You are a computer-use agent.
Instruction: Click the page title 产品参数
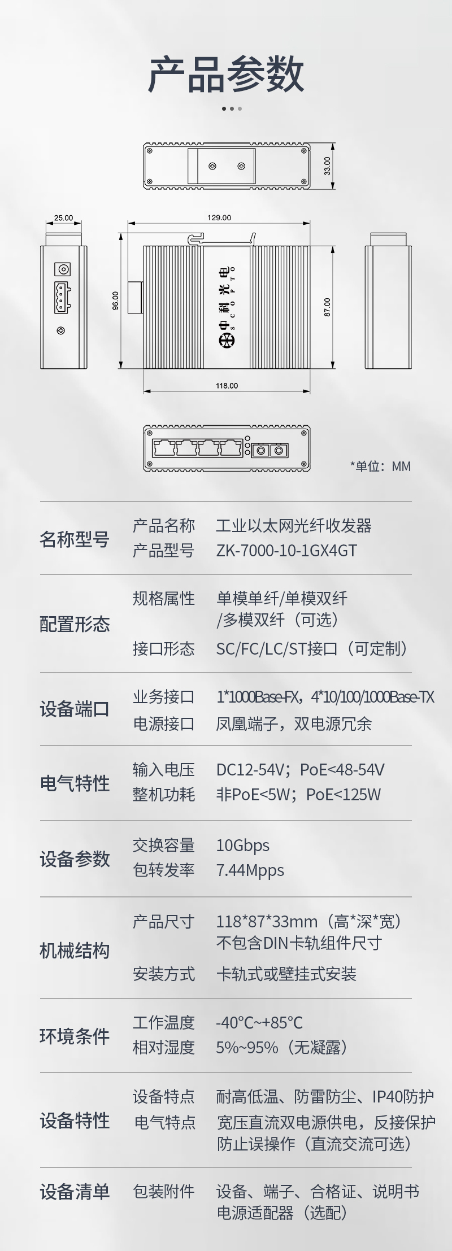[x=226, y=74]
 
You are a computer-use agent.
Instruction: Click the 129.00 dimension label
[x=219, y=217]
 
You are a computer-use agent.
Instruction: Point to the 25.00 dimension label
[x=63, y=218]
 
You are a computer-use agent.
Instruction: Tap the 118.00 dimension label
[x=227, y=386]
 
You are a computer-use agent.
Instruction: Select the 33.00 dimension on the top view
[x=327, y=166]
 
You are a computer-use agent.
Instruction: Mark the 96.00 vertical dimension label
[x=116, y=300]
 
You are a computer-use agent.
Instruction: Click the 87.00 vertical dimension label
[x=327, y=307]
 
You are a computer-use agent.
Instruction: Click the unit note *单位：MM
[x=380, y=466]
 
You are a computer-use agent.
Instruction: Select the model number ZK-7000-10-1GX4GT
[x=286, y=551]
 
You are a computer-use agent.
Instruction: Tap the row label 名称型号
[x=74, y=539]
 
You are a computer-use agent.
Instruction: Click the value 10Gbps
[x=242, y=845]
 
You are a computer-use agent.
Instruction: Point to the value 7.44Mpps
[x=250, y=870]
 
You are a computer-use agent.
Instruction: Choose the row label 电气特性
[x=74, y=783]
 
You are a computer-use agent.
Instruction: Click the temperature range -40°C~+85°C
[x=259, y=1023]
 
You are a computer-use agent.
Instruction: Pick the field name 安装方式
[x=163, y=974]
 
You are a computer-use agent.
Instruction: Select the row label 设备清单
[x=74, y=1192]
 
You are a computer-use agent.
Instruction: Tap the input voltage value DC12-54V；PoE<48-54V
[x=300, y=770]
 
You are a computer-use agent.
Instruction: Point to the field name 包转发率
[x=163, y=870]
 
